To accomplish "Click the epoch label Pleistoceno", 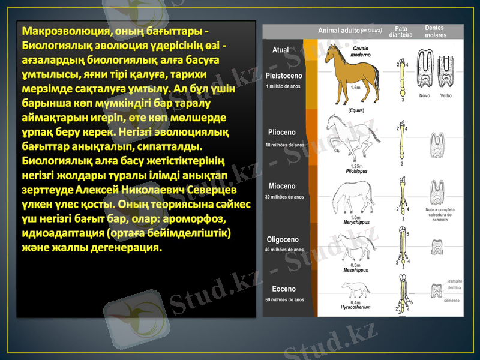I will (284, 76).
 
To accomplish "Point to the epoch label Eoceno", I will (284, 289).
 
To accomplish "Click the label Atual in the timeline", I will (280, 50).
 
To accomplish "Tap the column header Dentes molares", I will (435, 31).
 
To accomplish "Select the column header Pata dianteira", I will (400, 31).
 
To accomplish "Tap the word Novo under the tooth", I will (424, 95).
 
